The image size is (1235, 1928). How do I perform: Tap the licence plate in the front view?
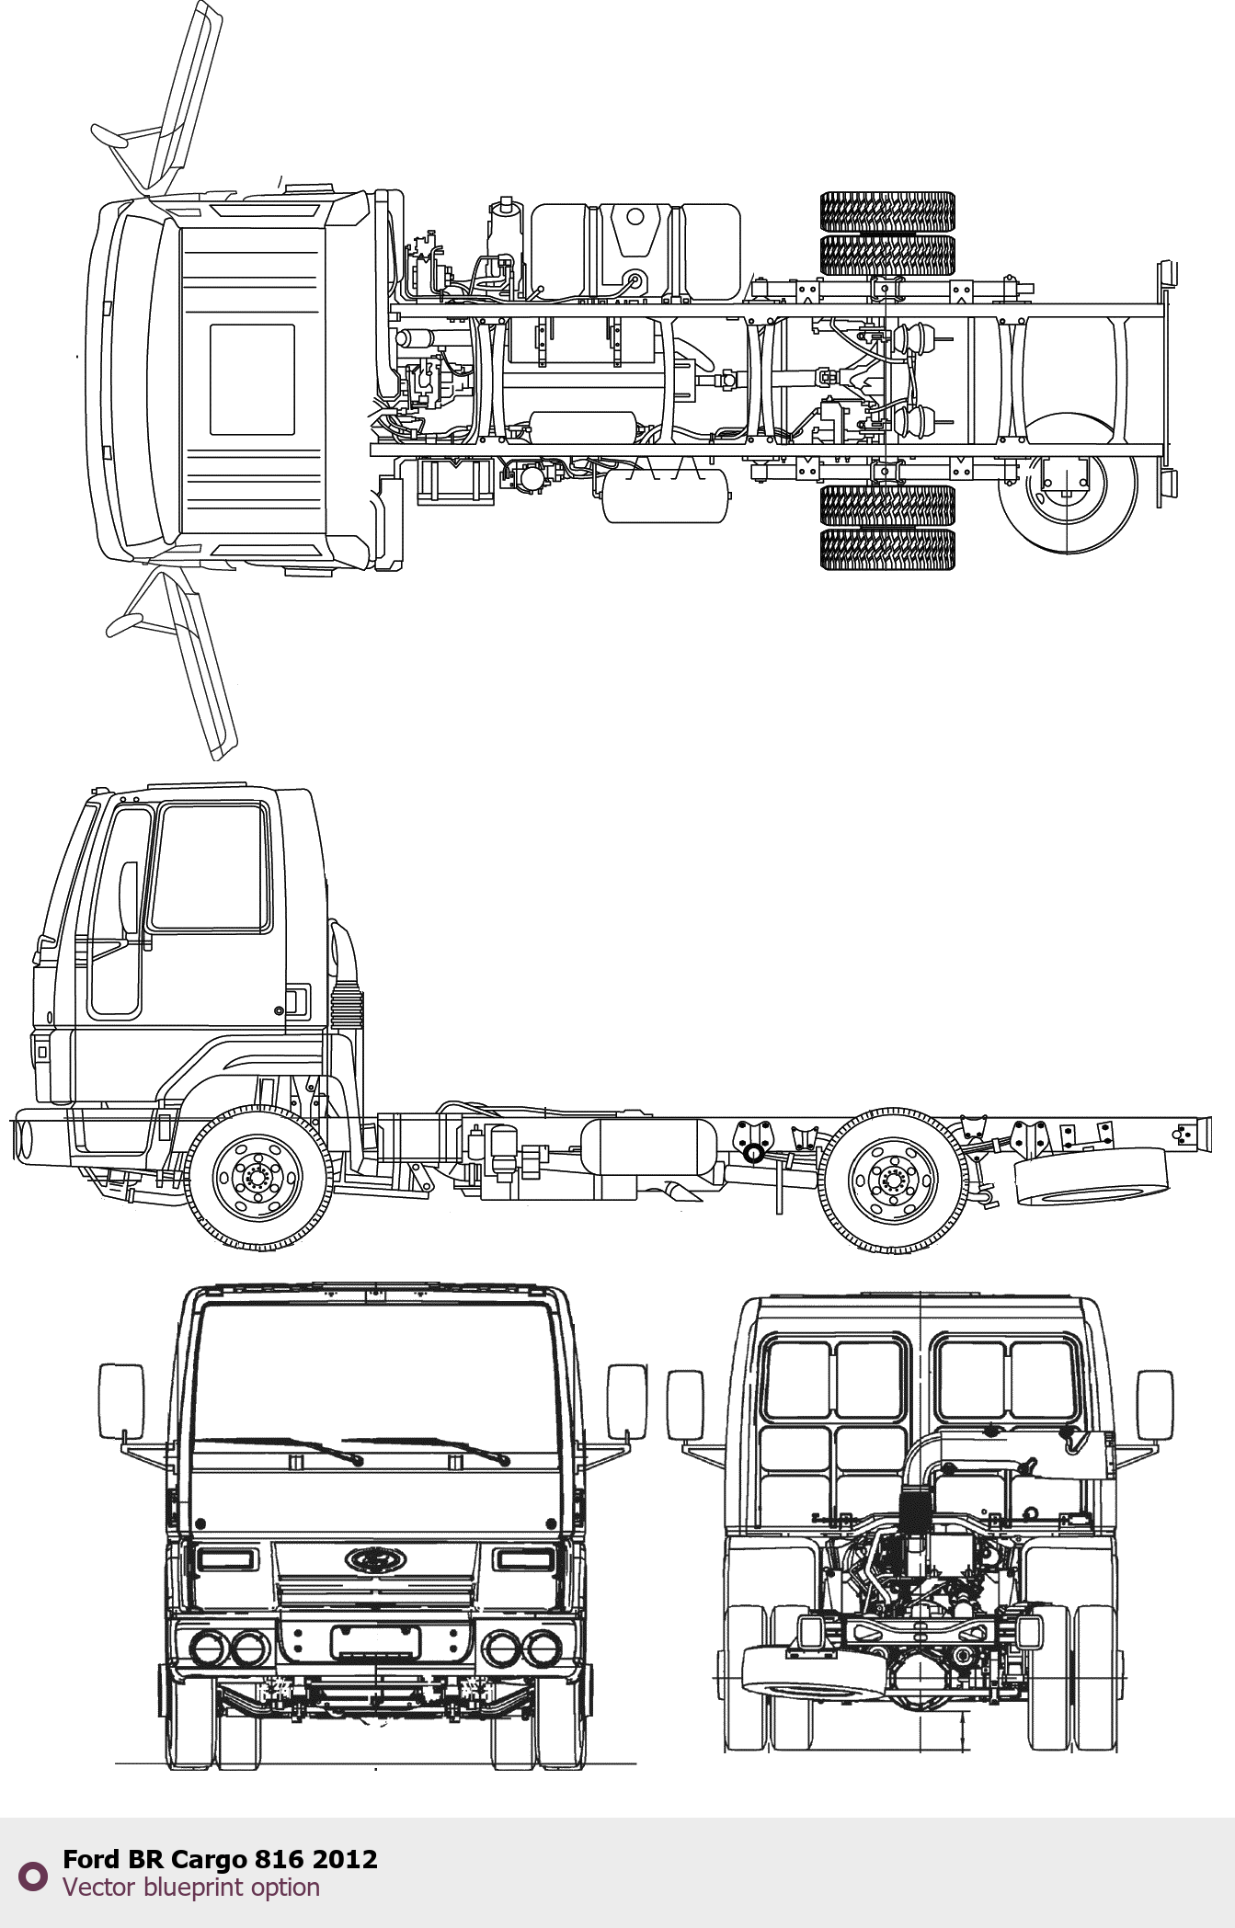pyautogui.click(x=375, y=1642)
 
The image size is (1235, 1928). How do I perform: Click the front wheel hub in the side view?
pyautogui.click(x=258, y=1177)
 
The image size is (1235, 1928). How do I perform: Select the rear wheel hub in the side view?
pyautogui.click(x=893, y=1180)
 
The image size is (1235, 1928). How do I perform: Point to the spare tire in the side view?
pyautogui.click(x=1091, y=1176)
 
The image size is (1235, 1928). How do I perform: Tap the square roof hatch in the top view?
pyautogui.click(x=252, y=380)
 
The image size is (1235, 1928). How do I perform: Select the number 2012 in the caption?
pyautogui.click(x=345, y=1859)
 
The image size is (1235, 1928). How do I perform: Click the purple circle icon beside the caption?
pyautogui.click(x=33, y=1877)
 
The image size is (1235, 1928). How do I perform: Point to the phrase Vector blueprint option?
pyautogui.click(x=191, y=1888)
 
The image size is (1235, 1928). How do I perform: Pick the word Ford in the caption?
pyautogui.click(x=91, y=1859)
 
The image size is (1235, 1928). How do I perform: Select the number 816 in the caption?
pyautogui.click(x=280, y=1859)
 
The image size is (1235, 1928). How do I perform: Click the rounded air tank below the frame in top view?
pyautogui.click(x=665, y=496)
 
